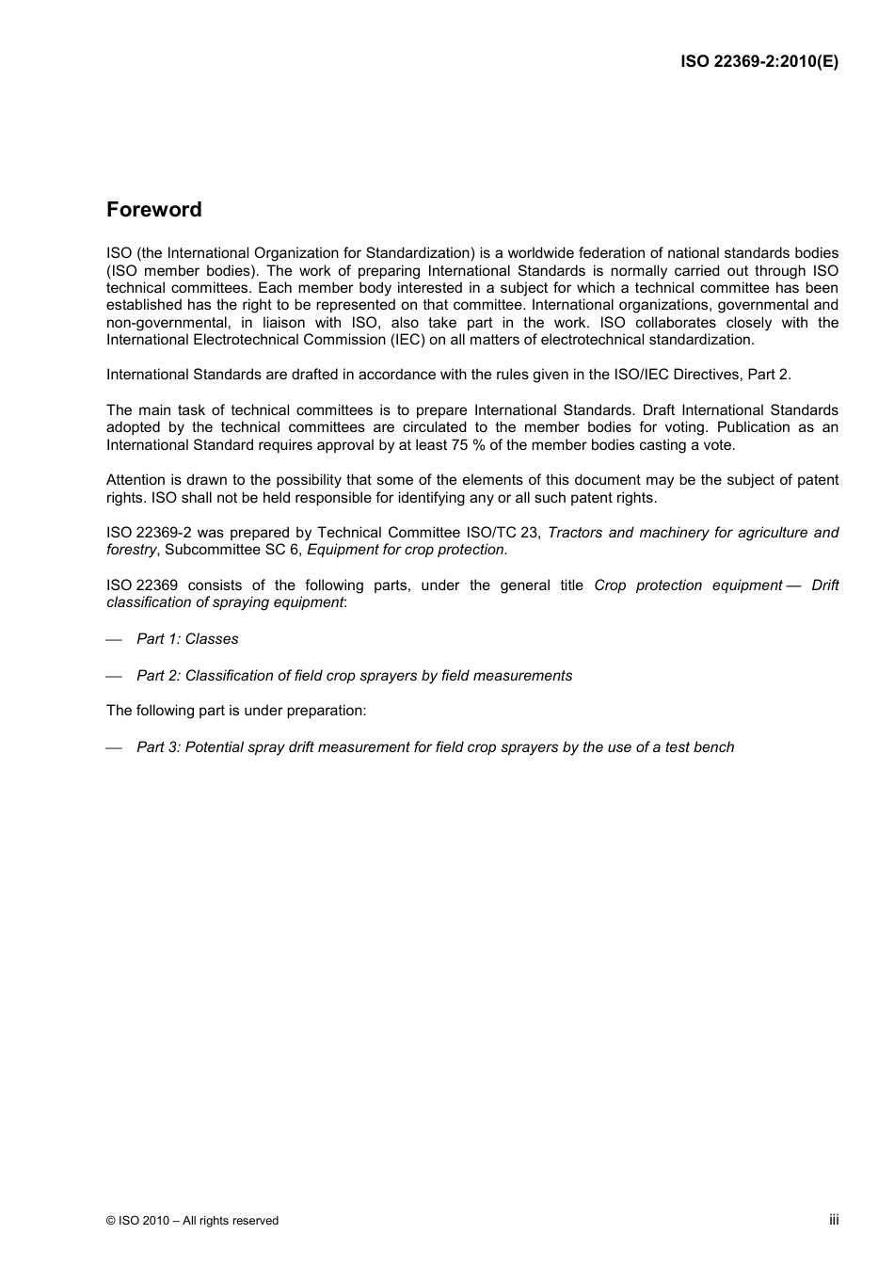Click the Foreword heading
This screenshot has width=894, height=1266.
click(x=153, y=210)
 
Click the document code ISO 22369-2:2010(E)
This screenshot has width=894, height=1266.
click(x=759, y=62)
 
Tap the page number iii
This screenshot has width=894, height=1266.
click(x=834, y=1220)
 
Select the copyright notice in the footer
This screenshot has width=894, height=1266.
click(x=192, y=1221)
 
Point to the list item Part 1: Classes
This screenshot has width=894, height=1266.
click(x=187, y=639)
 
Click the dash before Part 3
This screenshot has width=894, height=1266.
click(x=114, y=748)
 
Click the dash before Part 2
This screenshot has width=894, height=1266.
click(x=114, y=677)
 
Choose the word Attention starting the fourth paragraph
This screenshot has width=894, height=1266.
click(x=136, y=480)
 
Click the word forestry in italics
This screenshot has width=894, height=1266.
click(x=132, y=550)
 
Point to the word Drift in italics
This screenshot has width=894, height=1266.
click(x=824, y=585)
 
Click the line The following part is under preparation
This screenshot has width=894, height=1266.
click(x=236, y=711)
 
